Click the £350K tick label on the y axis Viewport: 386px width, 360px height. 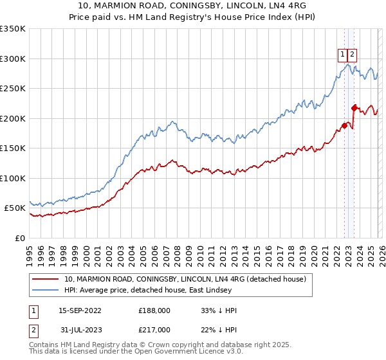point(13,29)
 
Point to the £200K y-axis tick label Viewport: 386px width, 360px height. point(13,118)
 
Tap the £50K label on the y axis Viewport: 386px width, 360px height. point(15,208)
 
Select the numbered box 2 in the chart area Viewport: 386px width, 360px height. point(353,55)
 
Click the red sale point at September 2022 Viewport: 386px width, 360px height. point(344,125)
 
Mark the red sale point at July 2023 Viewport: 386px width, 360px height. point(354,108)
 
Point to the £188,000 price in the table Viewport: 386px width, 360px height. point(154,310)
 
